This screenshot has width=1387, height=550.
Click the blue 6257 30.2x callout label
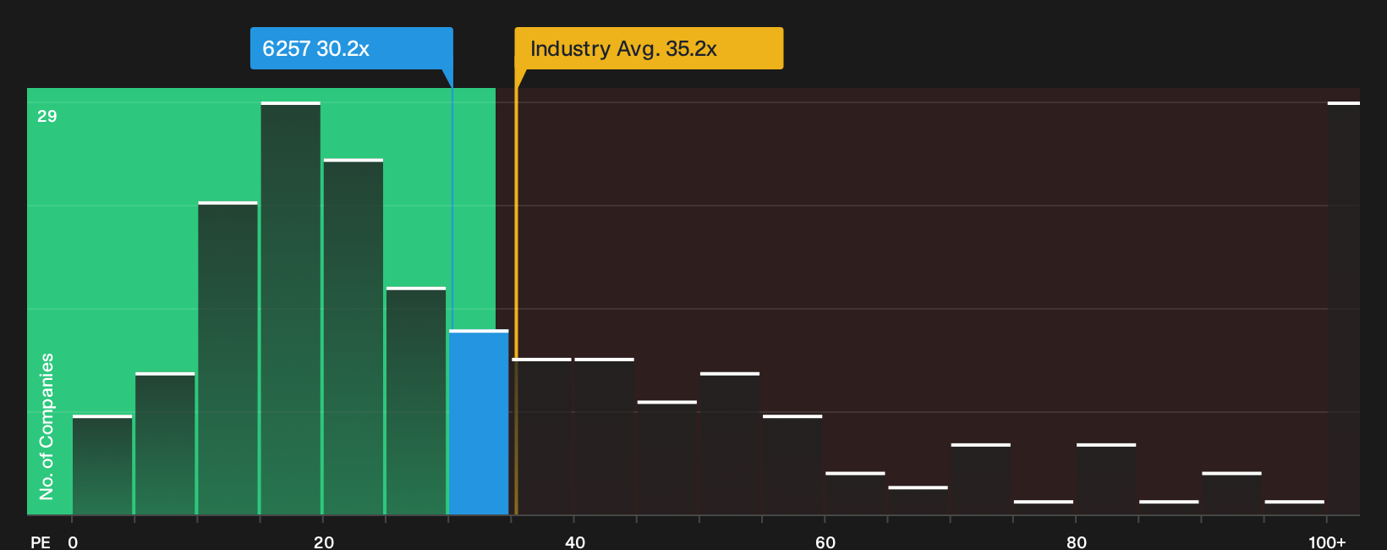pos(352,48)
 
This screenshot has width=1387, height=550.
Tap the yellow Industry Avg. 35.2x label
pos(649,48)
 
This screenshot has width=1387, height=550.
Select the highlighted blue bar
pos(479,422)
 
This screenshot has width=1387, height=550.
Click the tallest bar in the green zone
pos(290,309)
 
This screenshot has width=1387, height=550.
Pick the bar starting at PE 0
pos(102,465)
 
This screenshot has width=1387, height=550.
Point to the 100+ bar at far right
pos(1344,309)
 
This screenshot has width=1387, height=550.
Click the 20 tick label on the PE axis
pos(323,542)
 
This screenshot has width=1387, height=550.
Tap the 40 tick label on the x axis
pos(574,542)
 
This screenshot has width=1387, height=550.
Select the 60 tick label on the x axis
pos(825,542)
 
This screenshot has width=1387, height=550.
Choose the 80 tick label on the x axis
pos(1077,542)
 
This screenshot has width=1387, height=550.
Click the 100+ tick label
pos(1327,542)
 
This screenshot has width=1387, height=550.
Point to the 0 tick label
pos(73,542)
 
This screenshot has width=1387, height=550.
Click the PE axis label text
pos(41,542)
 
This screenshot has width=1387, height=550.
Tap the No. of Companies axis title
pos(47,426)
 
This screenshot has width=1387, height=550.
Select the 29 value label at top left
pos(47,116)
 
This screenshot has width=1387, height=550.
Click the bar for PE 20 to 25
pos(353,337)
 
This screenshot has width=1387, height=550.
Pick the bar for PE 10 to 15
pos(228,358)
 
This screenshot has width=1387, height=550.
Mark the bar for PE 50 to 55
pos(730,443)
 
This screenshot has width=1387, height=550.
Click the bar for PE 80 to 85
pos(1106,479)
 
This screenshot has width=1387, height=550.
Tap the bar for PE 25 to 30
pos(416,401)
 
